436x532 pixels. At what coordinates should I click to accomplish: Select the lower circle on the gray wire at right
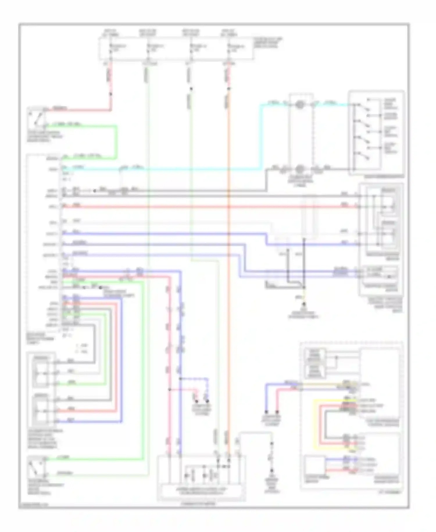(299, 169)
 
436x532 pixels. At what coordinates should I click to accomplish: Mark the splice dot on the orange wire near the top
(229, 88)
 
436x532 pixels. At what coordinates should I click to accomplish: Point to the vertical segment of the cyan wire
(260, 137)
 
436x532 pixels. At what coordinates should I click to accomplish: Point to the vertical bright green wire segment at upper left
(117, 143)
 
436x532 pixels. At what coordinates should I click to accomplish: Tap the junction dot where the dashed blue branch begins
(180, 379)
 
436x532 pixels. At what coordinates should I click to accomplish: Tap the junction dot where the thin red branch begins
(169, 389)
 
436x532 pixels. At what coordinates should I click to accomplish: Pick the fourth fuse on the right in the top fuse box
(229, 48)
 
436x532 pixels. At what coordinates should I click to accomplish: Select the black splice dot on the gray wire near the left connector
(94, 191)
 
